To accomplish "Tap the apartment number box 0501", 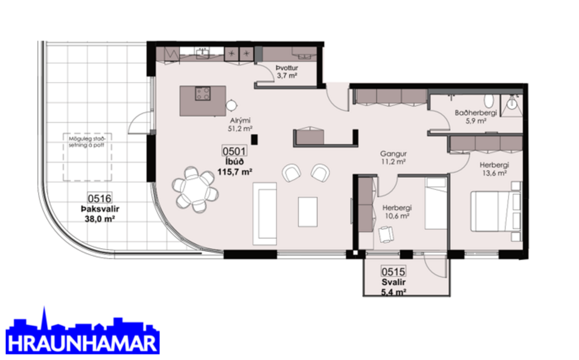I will coord(234,151).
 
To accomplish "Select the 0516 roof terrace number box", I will coord(100,199).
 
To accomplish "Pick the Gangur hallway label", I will coord(393,153).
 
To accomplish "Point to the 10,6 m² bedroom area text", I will coord(395,217).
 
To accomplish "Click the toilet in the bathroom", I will coord(488,100).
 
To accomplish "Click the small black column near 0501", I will coord(254,140).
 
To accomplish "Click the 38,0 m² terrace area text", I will coord(100,219).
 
